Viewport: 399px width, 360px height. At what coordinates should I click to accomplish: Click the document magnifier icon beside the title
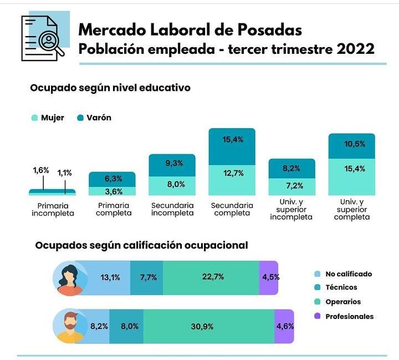(x=43, y=37)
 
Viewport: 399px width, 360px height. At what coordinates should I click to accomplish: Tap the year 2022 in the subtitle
(x=354, y=49)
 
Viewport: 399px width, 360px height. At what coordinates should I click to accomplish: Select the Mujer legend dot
(x=35, y=118)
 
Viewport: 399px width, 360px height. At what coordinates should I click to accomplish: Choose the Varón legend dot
(x=80, y=118)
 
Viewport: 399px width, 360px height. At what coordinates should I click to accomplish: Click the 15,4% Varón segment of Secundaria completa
(x=232, y=147)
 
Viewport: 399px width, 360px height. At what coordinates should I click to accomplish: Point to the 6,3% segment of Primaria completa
(x=112, y=179)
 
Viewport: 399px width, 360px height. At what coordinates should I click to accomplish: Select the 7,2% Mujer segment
(x=291, y=186)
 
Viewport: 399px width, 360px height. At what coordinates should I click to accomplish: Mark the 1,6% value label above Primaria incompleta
(x=41, y=171)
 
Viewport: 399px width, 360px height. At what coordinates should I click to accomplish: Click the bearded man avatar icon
(x=70, y=326)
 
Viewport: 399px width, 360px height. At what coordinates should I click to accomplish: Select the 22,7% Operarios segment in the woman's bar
(x=211, y=277)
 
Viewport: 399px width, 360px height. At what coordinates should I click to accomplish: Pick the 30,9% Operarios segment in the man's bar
(x=202, y=327)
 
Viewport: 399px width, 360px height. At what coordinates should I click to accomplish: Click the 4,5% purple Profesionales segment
(x=269, y=277)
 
